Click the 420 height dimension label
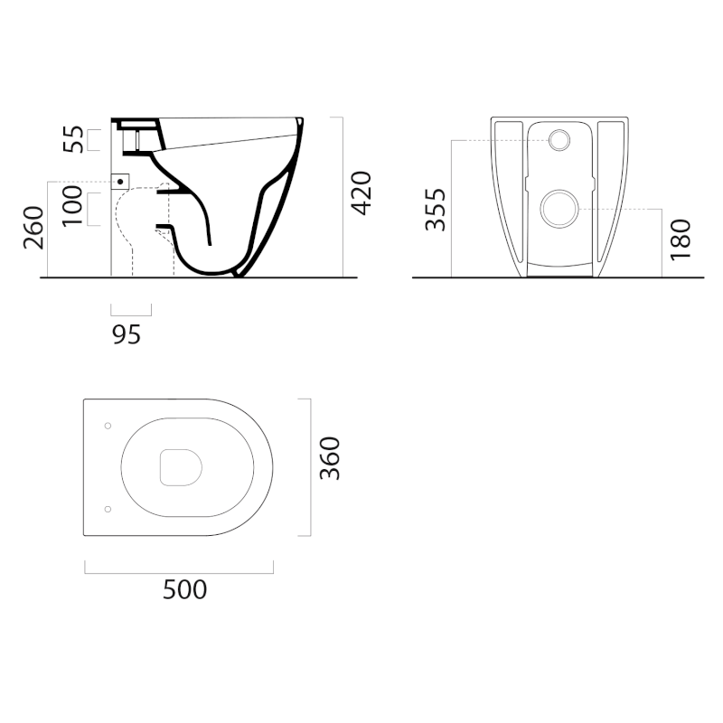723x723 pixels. pos(361,193)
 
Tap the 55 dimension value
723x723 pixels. pos(74,139)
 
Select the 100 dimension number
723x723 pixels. pos(72,206)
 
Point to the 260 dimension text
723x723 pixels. pos(34,228)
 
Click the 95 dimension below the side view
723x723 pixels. pos(127,334)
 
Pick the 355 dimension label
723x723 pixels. pos(436,210)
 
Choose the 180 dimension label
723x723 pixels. pos(681,239)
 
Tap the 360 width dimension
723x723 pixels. pos(330,458)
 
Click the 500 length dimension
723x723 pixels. pos(185,590)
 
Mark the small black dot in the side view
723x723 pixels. pos(120,182)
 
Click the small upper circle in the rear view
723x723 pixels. pos(559,140)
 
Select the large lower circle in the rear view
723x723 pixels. pos(559,209)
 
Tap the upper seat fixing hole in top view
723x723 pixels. pos(108,426)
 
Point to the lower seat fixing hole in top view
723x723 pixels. pos(108,509)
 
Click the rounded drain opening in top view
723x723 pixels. pos(182,467)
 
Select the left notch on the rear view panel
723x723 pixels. pos(527,183)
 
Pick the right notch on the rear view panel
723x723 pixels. pos(593,183)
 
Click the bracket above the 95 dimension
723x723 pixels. pos(131,310)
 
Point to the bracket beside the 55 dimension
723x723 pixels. pos(94,140)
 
